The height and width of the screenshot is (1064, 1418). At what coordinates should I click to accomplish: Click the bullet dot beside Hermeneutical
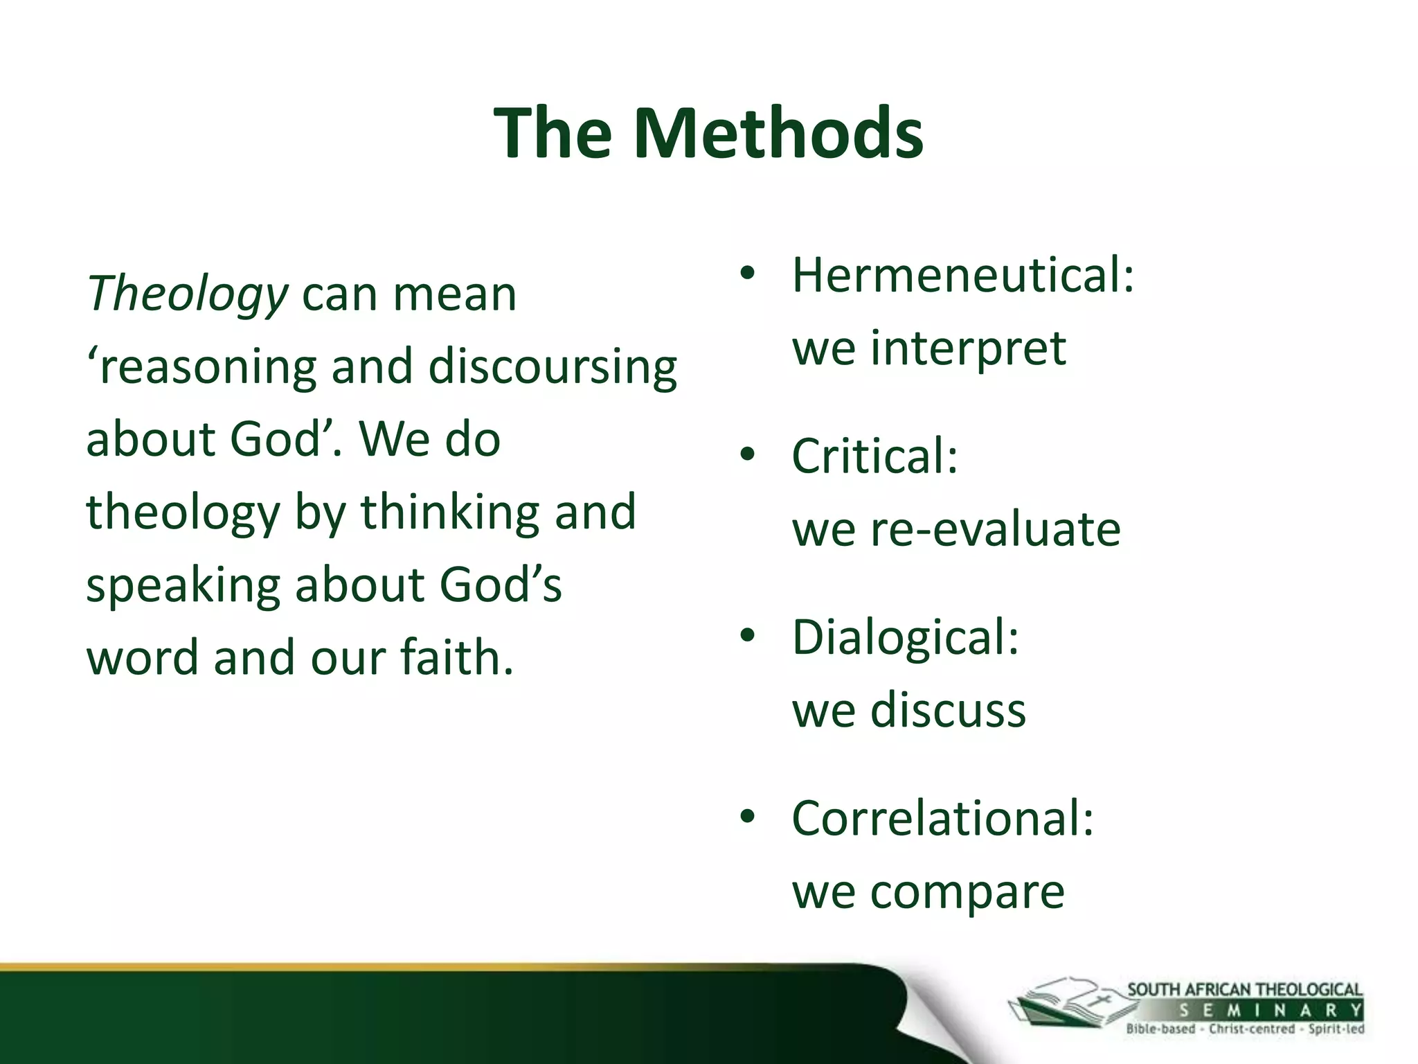(x=747, y=273)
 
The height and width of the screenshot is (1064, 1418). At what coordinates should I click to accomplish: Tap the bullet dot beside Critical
(x=747, y=454)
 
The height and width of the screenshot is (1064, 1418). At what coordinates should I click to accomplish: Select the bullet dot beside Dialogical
(x=747, y=635)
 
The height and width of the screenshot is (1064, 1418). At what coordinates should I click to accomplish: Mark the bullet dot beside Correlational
(x=747, y=817)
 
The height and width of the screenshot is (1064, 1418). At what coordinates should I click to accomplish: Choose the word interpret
(x=967, y=348)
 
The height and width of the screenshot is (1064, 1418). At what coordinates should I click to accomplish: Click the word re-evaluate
(x=994, y=530)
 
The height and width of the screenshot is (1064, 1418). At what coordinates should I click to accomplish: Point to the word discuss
(x=947, y=711)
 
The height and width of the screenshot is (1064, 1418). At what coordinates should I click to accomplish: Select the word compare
(x=967, y=892)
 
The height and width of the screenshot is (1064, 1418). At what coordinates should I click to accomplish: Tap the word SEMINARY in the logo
(x=1270, y=1010)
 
